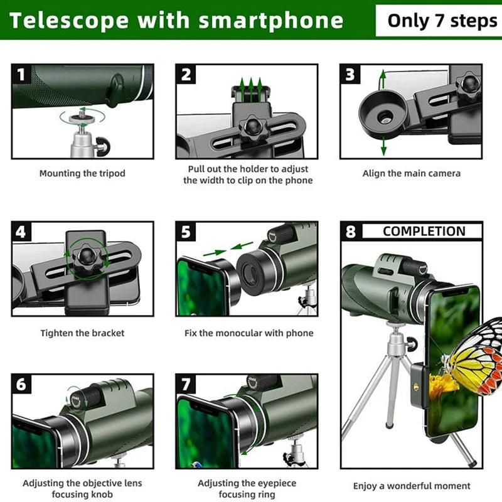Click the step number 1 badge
(x=21, y=75)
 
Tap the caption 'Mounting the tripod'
(x=82, y=173)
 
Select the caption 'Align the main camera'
(x=411, y=173)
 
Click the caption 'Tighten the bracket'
(x=82, y=333)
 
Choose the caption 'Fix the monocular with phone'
(x=248, y=333)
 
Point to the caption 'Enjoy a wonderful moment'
(x=411, y=486)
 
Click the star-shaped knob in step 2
(x=250, y=128)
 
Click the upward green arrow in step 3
(x=382, y=79)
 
